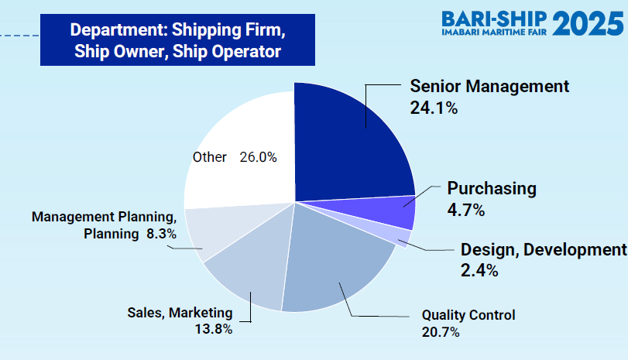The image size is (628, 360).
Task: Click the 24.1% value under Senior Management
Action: click(434, 108)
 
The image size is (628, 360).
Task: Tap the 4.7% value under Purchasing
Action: click(466, 210)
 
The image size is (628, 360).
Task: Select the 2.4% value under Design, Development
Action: click(479, 271)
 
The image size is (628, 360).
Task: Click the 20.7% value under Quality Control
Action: click(441, 332)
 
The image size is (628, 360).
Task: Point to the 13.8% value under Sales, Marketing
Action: click(214, 329)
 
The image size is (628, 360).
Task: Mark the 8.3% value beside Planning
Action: click(161, 234)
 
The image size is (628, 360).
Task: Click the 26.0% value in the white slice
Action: click(259, 157)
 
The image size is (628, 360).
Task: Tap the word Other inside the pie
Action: click(210, 157)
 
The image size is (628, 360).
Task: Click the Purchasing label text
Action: click(492, 189)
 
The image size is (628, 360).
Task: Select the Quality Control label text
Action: click(468, 315)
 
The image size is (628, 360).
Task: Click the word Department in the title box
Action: click(118, 30)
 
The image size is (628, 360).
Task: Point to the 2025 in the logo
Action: click(588, 24)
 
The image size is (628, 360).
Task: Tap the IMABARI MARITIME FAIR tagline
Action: click(494, 32)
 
